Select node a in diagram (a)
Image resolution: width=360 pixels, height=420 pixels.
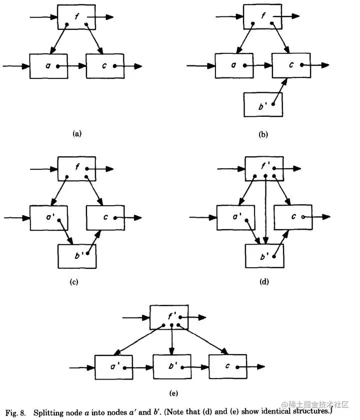click(x=48, y=66)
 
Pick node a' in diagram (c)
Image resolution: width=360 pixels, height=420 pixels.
click(x=48, y=218)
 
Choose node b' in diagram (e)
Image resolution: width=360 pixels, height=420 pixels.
click(x=171, y=368)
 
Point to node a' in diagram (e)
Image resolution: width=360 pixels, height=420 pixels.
click(x=114, y=368)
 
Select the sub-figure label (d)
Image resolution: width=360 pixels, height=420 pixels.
click(x=264, y=282)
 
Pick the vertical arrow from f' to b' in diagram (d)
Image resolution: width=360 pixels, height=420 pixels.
click(x=264, y=210)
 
